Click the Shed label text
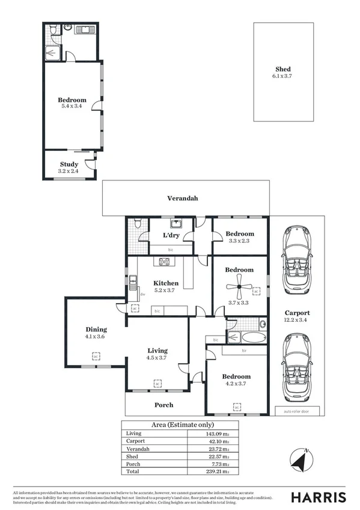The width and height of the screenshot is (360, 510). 283,69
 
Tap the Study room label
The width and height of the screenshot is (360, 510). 69,164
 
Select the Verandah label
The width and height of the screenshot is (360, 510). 182,197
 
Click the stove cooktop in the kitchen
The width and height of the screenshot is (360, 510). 163,261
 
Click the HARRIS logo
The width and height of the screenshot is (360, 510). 319,497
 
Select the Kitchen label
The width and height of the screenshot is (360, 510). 165,283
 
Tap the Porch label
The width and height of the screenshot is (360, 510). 164,405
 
